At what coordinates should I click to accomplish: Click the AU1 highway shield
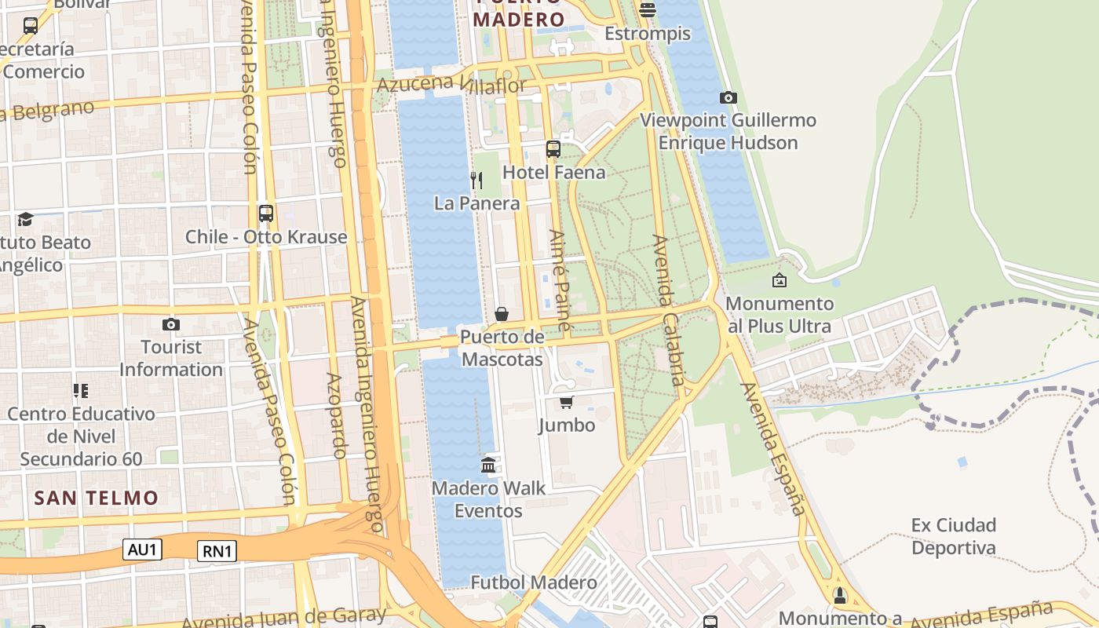point(142,549)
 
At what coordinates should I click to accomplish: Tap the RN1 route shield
point(217,551)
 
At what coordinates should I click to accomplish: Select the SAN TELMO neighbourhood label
point(97,498)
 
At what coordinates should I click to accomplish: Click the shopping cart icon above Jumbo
point(566,402)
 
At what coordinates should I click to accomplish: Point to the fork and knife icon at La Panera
point(476,181)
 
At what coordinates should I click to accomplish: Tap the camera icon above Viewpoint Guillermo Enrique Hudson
point(728,97)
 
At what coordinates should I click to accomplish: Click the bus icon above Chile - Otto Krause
point(266,213)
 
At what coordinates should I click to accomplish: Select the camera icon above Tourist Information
point(170,324)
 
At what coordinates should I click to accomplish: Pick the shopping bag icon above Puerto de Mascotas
point(502,314)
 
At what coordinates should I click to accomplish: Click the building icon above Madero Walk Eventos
point(488,465)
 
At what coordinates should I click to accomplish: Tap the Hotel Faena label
point(553,172)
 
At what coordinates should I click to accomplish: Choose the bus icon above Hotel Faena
point(553,148)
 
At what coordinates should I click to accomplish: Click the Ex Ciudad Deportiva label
point(953,536)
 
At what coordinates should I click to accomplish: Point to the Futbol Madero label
point(533,582)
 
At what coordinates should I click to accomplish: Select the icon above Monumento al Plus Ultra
point(780,280)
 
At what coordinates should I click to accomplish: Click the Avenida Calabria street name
point(669,310)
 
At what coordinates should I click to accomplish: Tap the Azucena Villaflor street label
point(451,83)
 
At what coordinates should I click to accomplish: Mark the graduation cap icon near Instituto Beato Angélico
point(26,219)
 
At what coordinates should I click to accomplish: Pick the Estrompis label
point(648,34)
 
